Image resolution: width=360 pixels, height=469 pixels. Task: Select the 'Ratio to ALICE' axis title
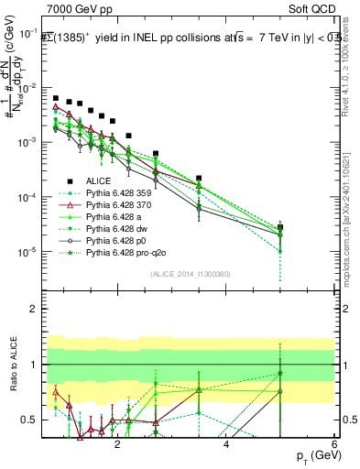14,365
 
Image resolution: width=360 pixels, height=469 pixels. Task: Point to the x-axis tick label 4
226,443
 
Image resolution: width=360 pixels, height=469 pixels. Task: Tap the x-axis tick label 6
334,443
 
